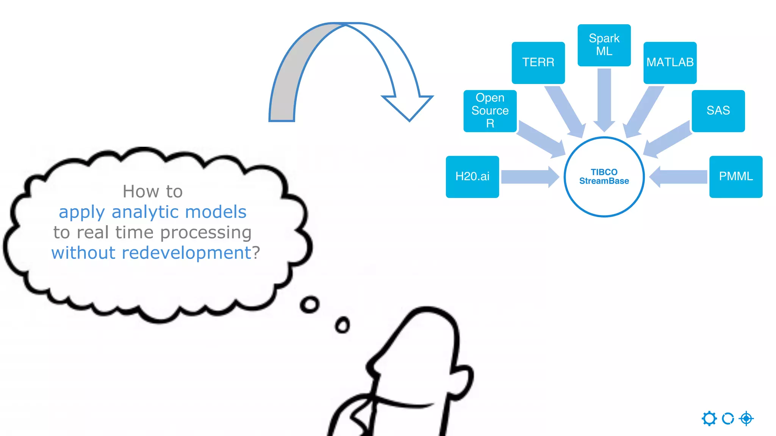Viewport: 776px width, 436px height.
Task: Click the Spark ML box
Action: coord(604,45)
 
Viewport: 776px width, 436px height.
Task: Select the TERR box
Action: coord(538,62)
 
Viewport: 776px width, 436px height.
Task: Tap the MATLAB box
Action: coord(670,62)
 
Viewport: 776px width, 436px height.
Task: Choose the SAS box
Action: coord(718,111)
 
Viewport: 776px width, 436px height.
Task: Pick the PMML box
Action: coord(736,176)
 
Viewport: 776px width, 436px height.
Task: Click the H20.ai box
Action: coord(472,176)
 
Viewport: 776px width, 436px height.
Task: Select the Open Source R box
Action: coord(490,111)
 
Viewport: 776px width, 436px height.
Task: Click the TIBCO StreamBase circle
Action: coord(604,177)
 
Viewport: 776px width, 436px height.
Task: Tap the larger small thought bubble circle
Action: coord(310,304)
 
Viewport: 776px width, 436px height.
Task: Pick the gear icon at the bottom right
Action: coord(709,419)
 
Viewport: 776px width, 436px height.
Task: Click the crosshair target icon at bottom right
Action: coord(746,419)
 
